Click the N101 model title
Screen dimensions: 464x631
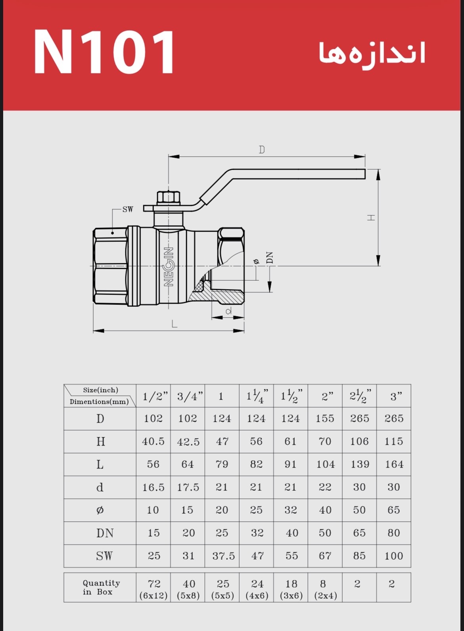coord(104,52)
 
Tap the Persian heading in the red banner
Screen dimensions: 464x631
coord(372,53)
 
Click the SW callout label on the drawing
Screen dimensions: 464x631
coord(128,209)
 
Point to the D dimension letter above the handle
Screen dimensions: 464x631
coord(262,149)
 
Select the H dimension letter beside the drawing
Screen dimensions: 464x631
coord(371,217)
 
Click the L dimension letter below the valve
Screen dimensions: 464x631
coord(174,324)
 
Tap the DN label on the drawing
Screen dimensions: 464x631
coord(270,258)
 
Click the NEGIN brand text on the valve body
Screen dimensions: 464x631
coord(169,267)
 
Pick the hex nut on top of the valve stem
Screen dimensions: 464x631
coord(168,197)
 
